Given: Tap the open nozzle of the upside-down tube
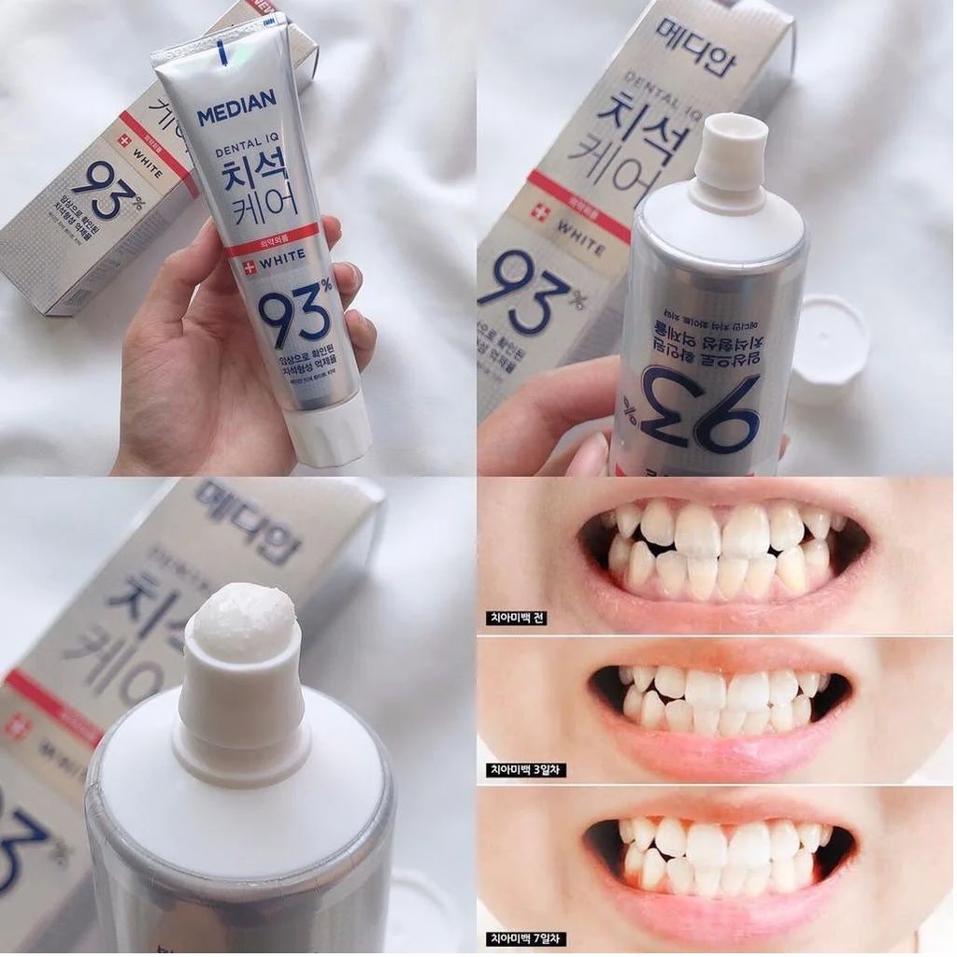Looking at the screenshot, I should [x=731, y=150].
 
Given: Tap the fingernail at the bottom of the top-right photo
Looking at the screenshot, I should [x=590, y=455].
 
